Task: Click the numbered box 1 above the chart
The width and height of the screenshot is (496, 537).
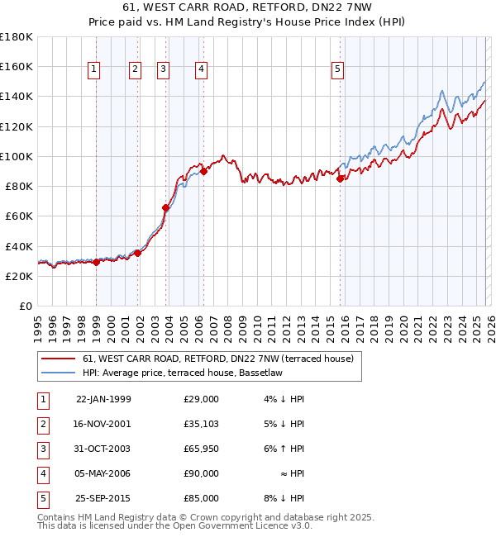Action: click(x=95, y=70)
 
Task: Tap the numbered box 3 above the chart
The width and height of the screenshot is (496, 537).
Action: click(x=164, y=70)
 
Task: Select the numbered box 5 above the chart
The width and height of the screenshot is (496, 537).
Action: click(x=338, y=70)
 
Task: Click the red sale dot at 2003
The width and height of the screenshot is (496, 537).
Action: click(x=166, y=208)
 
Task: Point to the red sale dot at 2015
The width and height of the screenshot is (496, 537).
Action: click(x=340, y=178)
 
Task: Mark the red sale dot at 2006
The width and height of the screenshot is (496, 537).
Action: click(x=203, y=172)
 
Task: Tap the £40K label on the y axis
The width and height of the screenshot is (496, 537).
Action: click(x=19, y=246)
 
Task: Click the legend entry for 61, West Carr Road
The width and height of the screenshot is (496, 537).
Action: click(x=217, y=359)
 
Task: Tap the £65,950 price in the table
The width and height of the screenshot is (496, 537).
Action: click(x=201, y=449)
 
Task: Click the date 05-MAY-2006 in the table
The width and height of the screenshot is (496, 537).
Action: click(x=103, y=473)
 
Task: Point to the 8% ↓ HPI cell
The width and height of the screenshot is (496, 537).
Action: click(x=284, y=498)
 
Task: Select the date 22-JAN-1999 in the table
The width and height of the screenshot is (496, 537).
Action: click(x=103, y=399)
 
